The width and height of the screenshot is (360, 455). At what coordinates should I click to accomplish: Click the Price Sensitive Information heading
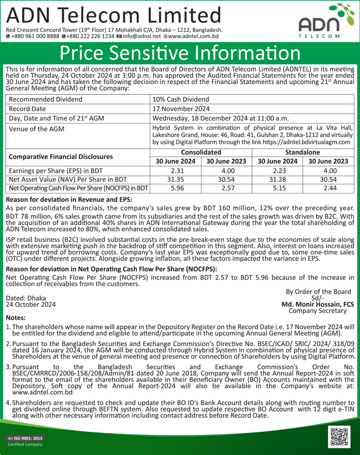coord(179,54)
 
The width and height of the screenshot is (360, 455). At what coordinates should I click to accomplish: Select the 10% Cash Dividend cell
coord(178,99)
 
